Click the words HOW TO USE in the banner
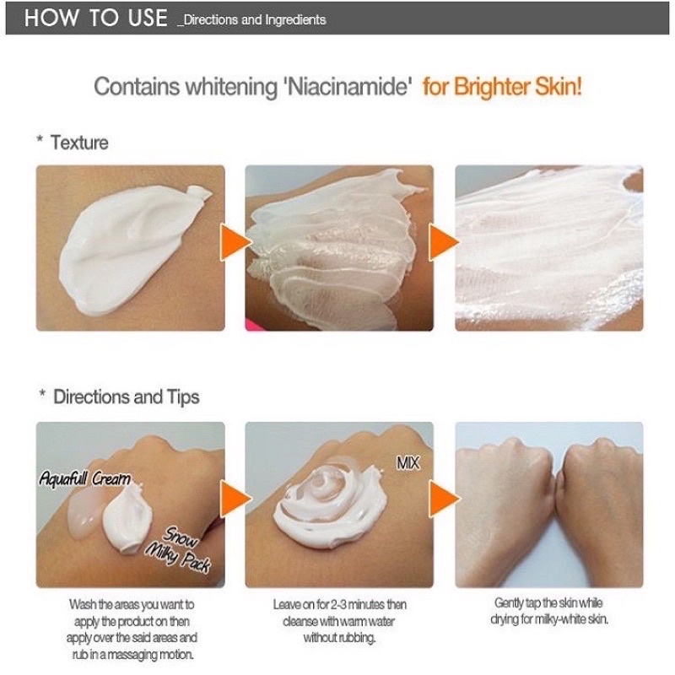[x=95, y=18]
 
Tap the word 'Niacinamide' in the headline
[x=347, y=86]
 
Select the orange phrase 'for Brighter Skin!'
[x=502, y=87]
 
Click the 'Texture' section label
[x=79, y=143]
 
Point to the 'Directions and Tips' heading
[x=126, y=397]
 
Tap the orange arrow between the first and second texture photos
[x=235, y=242]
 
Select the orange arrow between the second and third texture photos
[x=445, y=242]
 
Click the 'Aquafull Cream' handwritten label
[x=85, y=478]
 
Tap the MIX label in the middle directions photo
[x=408, y=463]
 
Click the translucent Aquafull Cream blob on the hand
[x=85, y=514]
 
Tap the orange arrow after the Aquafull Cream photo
[x=235, y=499]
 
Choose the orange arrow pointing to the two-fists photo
[x=445, y=499]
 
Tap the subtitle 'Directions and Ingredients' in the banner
[x=251, y=19]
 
